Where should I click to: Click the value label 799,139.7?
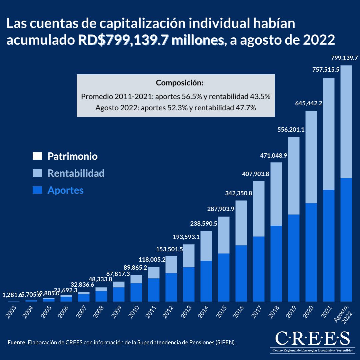coord(344,58)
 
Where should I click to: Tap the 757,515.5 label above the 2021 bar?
coord(326,69)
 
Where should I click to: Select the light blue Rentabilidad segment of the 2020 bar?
coord(311,157)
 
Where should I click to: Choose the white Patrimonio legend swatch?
coord(37,156)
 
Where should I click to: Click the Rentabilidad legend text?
coord(76,173)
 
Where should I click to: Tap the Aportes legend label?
coord(65,190)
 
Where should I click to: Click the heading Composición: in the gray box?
coord(179,83)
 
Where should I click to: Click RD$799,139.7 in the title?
coord(151,40)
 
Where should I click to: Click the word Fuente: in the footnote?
coord(17,342)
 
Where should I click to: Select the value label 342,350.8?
coord(239,194)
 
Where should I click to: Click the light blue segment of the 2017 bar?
coord(259,208)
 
